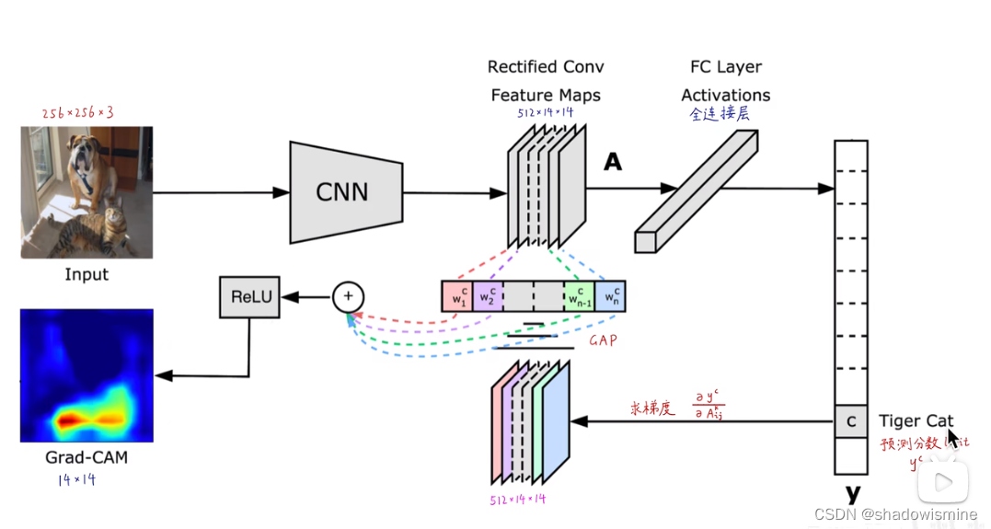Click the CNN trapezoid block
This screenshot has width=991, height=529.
click(346, 191)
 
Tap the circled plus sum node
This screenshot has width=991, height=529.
click(348, 296)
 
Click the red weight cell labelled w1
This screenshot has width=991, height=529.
click(457, 296)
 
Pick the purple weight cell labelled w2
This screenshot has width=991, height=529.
click(488, 296)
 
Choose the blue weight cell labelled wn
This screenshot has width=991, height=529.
click(610, 296)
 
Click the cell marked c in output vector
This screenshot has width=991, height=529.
click(850, 421)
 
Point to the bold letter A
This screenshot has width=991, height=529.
click(612, 164)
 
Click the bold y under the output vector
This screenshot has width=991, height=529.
click(852, 494)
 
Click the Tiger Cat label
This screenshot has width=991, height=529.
click(916, 421)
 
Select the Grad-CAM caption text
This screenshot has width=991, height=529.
click(86, 457)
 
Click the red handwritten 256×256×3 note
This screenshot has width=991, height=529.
click(77, 113)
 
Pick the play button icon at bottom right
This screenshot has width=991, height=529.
click(945, 482)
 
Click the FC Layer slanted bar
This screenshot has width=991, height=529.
click(697, 190)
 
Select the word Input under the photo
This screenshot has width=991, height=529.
click(86, 274)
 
